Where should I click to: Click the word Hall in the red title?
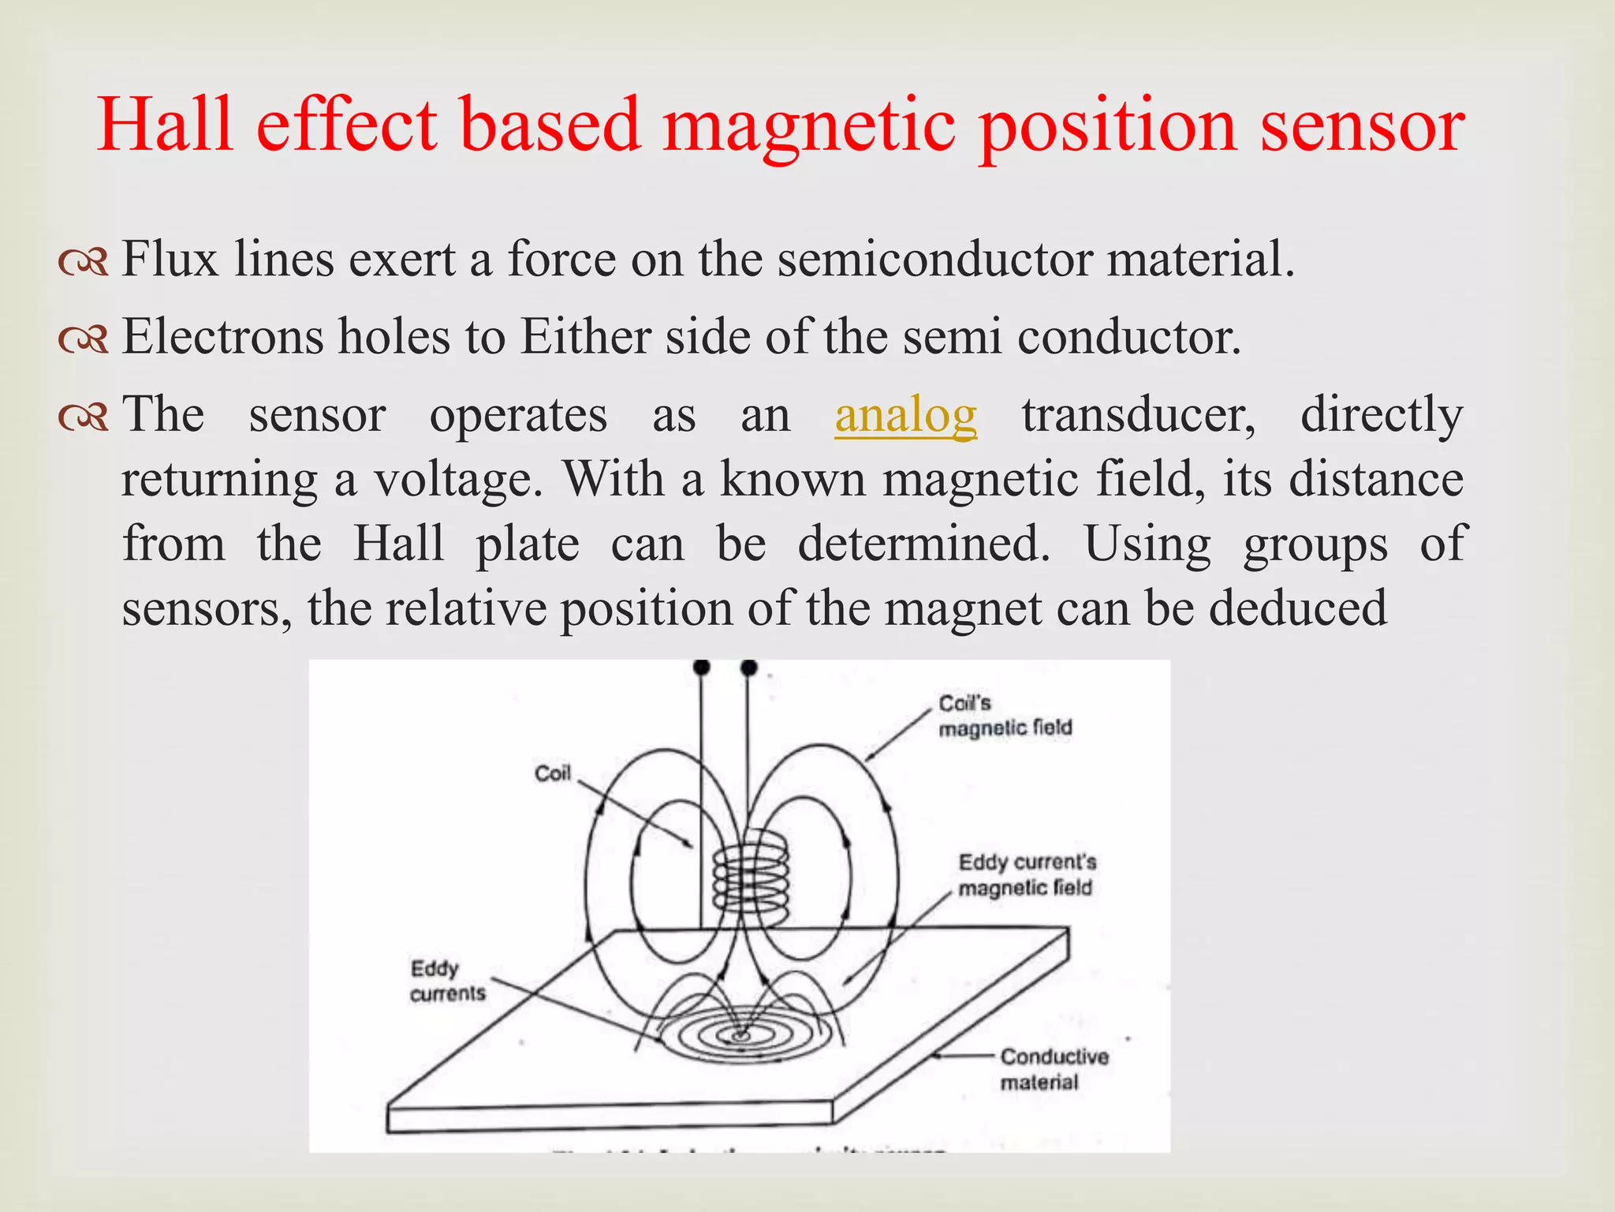tap(166, 125)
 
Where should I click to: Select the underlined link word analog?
tap(905, 415)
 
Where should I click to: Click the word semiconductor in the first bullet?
tap(934, 260)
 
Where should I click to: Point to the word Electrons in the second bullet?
tap(222, 337)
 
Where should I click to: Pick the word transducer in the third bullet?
tap(1138, 415)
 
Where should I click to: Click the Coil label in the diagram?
tap(552, 773)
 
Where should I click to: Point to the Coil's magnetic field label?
tap(1004, 716)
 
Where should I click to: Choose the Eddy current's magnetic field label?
tap(1026, 875)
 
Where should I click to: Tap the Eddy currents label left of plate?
tap(446, 981)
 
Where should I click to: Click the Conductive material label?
tap(1053, 1069)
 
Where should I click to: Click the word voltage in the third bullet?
tap(457, 480)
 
